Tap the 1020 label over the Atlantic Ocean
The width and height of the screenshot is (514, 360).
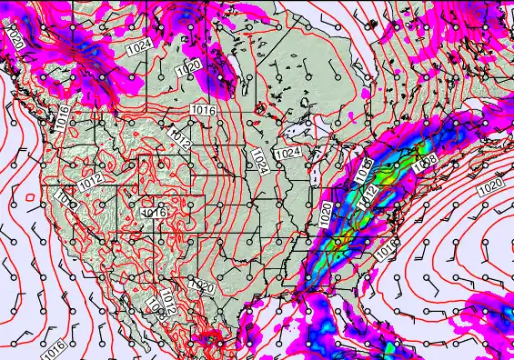(489, 185)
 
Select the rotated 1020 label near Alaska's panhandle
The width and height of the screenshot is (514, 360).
(14, 37)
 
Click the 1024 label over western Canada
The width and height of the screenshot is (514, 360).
(139, 45)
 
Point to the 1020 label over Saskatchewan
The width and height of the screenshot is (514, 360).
(188, 67)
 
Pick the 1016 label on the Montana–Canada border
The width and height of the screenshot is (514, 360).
(203, 110)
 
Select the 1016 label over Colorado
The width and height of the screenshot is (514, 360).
(153, 213)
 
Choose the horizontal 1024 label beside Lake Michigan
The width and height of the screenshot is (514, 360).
(290, 153)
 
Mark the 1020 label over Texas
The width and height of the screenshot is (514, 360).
(204, 287)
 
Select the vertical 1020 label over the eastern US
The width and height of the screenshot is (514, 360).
(326, 215)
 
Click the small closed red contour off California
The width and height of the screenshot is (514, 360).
(31, 196)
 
